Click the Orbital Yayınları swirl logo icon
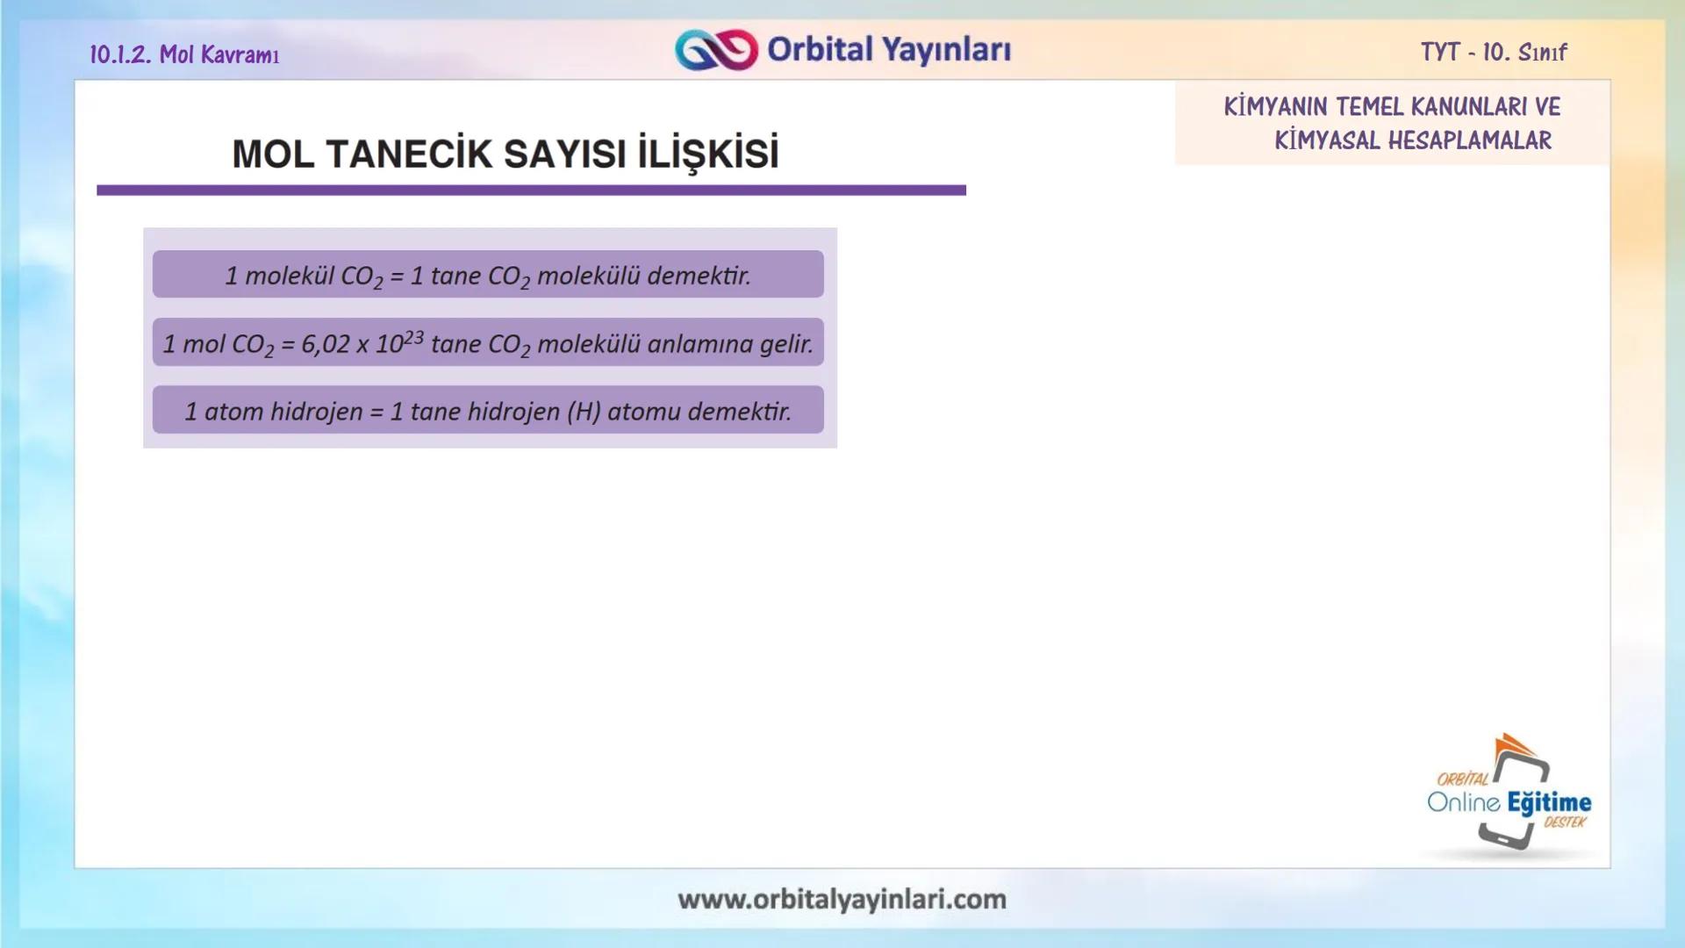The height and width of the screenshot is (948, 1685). click(x=716, y=50)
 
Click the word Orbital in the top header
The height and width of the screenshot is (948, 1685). click(x=820, y=49)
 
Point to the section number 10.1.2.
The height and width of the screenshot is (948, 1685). click(x=120, y=54)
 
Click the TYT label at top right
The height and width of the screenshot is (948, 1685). click(x=1439, y=52)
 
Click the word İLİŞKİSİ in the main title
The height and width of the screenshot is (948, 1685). click(x=708, y=154)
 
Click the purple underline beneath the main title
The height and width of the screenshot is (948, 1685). click(x=531, y=190)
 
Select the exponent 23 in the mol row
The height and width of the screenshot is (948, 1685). click(x=414, y=336)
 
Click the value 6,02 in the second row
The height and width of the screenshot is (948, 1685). click(x=326, y=344)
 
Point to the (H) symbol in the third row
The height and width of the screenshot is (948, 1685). click(x=584, y=412)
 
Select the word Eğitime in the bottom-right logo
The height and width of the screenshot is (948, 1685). click(x=1549, y=802)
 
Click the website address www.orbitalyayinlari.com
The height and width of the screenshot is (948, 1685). click(x=842, y=900)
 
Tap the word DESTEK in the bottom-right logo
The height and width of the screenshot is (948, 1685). click(x=1565, y=822)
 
